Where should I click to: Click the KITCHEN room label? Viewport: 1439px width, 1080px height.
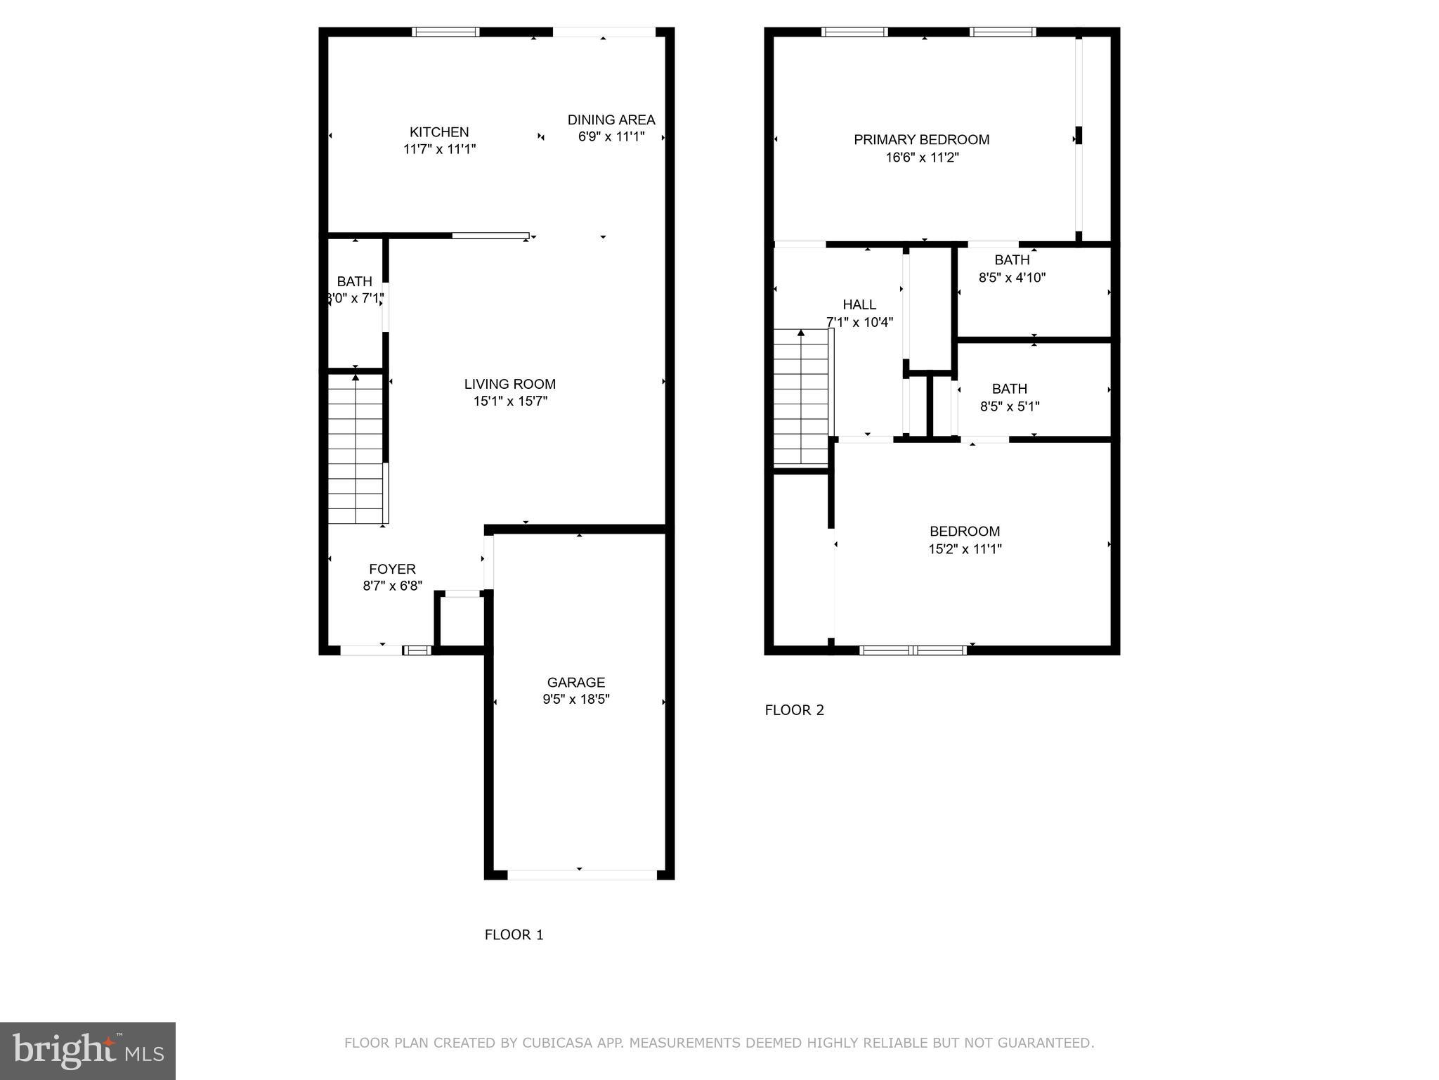click(x=439, y=132)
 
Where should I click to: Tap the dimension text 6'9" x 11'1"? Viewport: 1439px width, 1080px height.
click(x=611, y=136)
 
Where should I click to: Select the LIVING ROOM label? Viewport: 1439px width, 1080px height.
click(x=509, y=384)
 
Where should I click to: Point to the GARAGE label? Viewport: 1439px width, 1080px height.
click(x=575, y=682)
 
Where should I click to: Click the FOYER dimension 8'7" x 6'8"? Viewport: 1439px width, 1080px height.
click(x=392, y=586)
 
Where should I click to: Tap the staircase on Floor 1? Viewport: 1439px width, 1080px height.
click(x=356, y=450)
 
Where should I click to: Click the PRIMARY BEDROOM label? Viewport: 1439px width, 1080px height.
click(x=921, y=140)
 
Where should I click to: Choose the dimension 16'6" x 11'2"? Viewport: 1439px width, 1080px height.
click(x=922, y=157)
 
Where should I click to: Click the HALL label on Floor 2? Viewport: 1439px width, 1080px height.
click(x=859, y=304)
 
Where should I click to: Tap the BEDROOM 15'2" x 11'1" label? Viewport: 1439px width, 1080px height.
click(x=964, y=532)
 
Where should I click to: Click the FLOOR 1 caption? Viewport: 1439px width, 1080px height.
click(x=514, y=934)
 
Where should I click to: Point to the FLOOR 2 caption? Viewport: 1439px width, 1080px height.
click(x=794, y=710)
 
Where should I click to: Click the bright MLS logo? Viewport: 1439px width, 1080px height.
click(x=88, y=1050)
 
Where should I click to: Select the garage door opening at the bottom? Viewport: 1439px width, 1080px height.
click(x=582, y=875)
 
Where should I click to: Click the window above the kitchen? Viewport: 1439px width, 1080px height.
click(x=445, y=32)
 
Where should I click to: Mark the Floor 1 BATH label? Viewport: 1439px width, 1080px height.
click(x=354, y=281)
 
